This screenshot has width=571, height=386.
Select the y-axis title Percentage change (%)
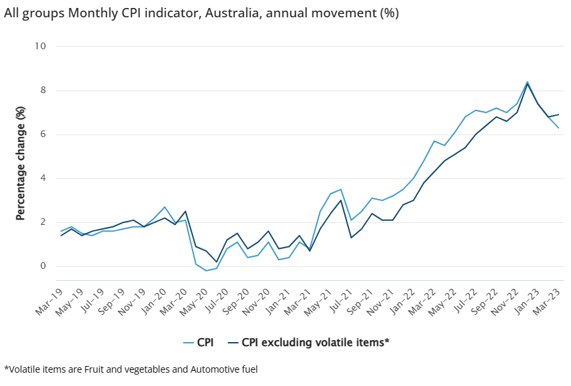coord(21,163)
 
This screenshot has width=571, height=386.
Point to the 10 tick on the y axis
coord(41,47)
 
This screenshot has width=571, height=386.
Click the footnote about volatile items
coord(131,369)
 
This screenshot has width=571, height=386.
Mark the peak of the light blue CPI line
coord(527,82)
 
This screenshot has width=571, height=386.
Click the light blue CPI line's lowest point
coord(206,271)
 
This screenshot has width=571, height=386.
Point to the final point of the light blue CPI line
coord(558,128)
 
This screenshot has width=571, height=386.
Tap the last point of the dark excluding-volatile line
coord(558,114)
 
